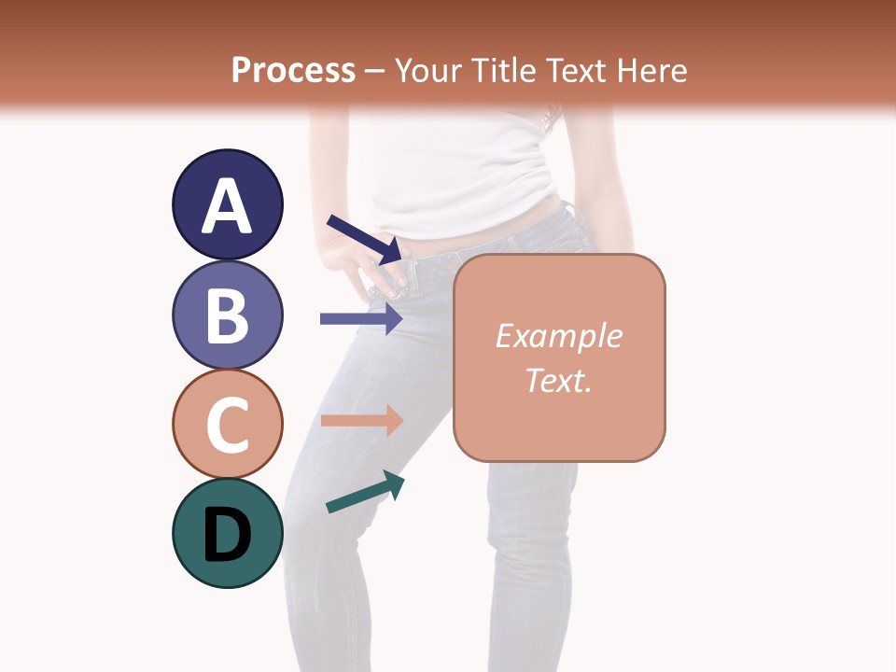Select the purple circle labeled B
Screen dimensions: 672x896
(x=227, y=315)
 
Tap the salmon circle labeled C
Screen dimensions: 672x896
(x=227, y=425)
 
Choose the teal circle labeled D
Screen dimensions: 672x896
(x=227, y=534)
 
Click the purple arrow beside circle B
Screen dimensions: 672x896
(x=361, y=318)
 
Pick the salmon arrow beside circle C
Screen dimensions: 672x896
(x=361, y=420)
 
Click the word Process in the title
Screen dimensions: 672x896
(x=293, y=71)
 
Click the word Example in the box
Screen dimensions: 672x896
(x=558, y=336)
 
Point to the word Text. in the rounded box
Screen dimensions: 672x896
(x=558, y=380)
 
